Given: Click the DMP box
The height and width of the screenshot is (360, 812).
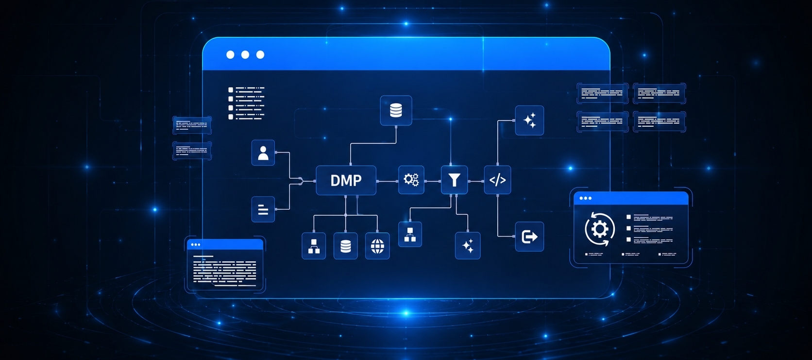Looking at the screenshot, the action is [346, 181].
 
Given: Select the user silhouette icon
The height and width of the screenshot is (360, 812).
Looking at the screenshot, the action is [263, 153].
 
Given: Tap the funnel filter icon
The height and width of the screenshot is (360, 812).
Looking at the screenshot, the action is [454, 180].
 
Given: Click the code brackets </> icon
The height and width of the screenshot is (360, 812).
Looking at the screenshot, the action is [497, 180].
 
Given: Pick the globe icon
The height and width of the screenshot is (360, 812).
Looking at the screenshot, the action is [377, 246].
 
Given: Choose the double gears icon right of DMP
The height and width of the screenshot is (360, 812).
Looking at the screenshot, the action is [411, 180].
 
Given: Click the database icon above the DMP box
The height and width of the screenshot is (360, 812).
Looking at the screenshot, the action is [396, 111].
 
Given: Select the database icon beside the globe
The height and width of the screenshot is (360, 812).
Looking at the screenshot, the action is [345, 246].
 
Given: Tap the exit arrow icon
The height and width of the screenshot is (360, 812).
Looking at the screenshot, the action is [529, 237].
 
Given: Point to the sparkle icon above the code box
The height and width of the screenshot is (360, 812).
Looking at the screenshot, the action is [529, 120].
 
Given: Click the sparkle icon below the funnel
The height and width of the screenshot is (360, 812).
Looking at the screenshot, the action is [468, 246].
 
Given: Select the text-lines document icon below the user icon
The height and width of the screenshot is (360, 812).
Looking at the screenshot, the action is [263, 209].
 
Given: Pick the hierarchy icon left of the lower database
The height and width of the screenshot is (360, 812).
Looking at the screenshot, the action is [314, 246].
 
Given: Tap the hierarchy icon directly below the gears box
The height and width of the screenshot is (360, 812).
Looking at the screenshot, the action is [410, 235].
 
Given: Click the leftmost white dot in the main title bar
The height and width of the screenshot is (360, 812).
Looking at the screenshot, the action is [230, 55].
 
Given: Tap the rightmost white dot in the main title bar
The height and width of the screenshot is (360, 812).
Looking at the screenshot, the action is [260, 55].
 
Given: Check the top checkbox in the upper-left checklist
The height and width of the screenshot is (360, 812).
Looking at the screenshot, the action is [231, 89].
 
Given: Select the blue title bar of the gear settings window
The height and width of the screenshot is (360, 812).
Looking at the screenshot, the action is [631, 198].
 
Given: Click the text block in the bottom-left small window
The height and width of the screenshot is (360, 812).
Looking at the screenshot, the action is [225, 271].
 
